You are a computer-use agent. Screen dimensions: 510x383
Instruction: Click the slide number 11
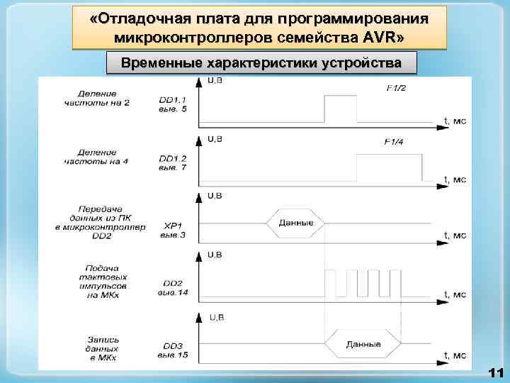click(x=495, y=372)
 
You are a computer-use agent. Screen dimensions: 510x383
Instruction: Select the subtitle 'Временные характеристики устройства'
click(x=261, y=62)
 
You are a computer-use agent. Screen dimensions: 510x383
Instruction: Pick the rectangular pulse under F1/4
click(x=388, y=167)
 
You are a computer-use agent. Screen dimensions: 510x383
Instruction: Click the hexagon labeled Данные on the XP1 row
click(x=295, y=223)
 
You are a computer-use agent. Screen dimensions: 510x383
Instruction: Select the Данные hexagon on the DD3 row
click(x=363, y=345)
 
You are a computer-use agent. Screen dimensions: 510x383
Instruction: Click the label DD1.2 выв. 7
click(x=173, y=163)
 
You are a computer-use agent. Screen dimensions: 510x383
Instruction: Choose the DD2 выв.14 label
click(x=173, y=288)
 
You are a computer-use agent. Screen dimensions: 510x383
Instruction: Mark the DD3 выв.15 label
click(x=173, y=348)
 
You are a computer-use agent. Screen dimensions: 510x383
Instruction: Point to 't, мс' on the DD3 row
click(x=454, y=354)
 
